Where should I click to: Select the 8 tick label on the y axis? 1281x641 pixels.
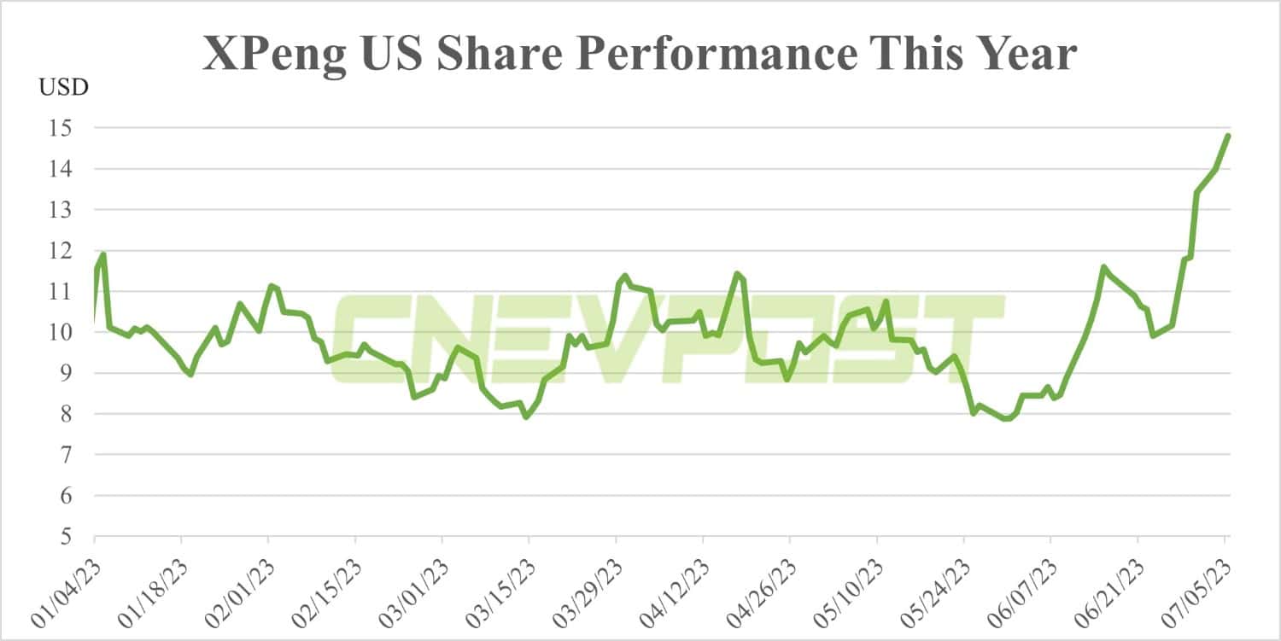[x=73, y=414]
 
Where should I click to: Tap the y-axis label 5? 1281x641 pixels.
[x=73, y=537]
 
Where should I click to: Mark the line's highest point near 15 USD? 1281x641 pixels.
[x=1228, y=136]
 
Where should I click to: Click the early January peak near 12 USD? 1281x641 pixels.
[x=102, y=253]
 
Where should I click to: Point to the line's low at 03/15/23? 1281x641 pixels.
[x=526, y=417]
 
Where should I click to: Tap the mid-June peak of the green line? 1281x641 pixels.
[x=1104, y=267]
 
